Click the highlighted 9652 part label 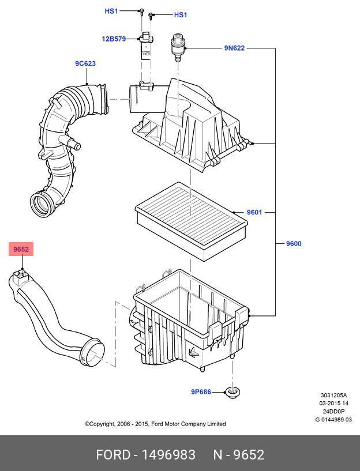pos(21,249)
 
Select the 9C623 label pos(85,63)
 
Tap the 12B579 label pos(114,39)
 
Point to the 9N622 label pos(234,48)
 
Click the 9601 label pos(254,212)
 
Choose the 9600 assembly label pos(294,243)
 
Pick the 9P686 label pos(201,392)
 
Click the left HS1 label pos(111,11)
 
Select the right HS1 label pos(181,14)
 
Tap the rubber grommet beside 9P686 pos(233,394)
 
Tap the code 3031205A pos(334,395)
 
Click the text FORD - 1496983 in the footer pos(145,455)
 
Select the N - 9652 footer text pos(238,455)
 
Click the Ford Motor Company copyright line pos(155,424)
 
